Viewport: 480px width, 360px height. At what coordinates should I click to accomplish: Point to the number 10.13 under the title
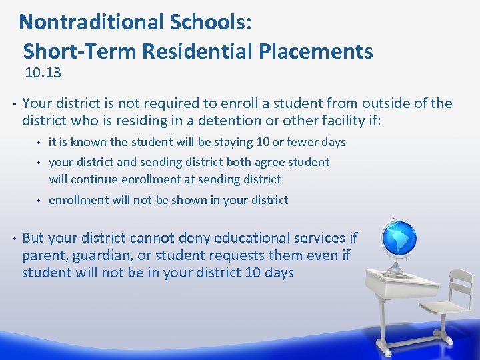coord(43,72)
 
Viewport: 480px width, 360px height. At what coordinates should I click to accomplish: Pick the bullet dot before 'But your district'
coord(14,238)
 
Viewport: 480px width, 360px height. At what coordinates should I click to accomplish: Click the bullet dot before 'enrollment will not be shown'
coord(39,199)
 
